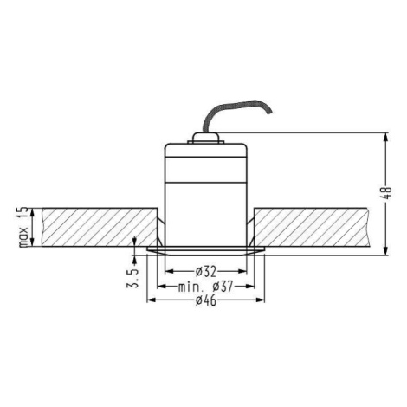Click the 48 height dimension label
pyautogui.click(x=386, y=193)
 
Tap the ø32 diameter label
pyautogui.click(x=206, y=271)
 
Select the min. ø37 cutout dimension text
pyautogui.click(x=205, y=287)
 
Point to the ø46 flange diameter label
pyautogui.click(x=206, y=300)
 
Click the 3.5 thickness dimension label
pyautogui.click(x=132, y=279)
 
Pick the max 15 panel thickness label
pyautogui.click(x=23, y=227)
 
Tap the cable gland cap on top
pyautogui.click(x=205, y=138)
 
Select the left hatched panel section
pyautogui.click(x=100, y=227)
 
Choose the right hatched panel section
pyautogui.click(x=312, y=227)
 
